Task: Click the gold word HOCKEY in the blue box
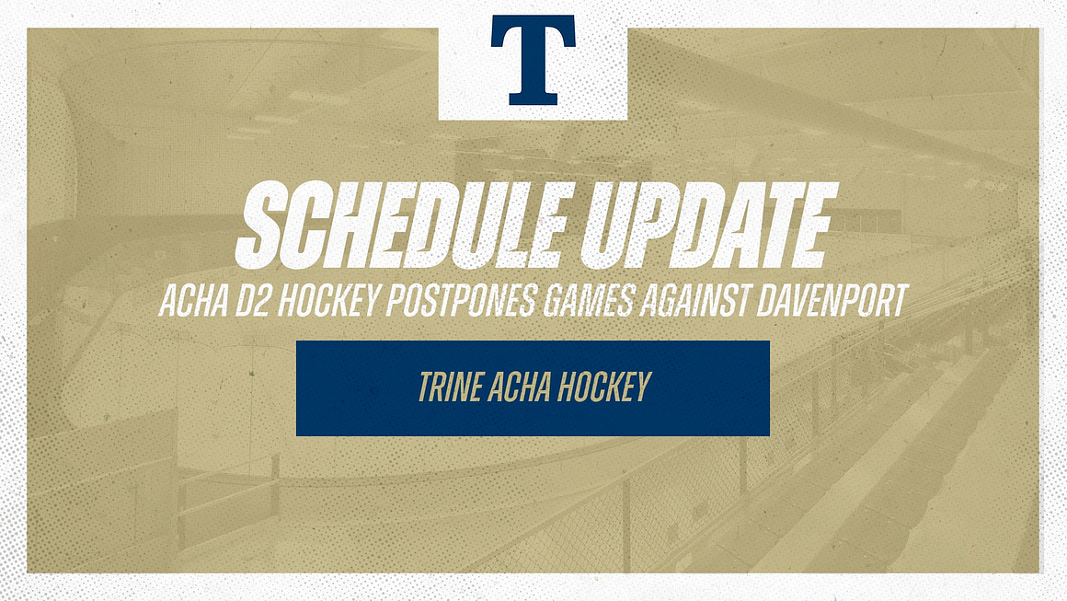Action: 602,388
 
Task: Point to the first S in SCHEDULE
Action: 261,225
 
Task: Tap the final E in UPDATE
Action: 809,225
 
